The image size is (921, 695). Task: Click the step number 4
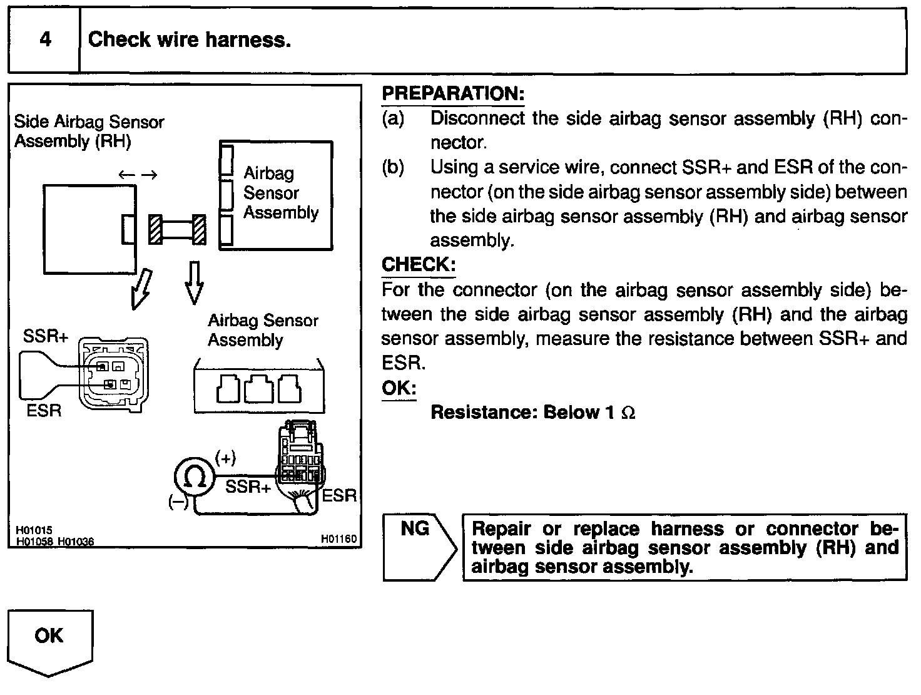[45, 40]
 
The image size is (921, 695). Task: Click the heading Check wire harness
[189, 40]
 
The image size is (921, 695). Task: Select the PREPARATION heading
[452, 94]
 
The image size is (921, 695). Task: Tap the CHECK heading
[418, 264]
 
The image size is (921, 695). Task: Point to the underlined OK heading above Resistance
[399, 388]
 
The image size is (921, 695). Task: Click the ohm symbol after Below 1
[629, 413]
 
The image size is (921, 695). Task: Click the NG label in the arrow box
[415, 529]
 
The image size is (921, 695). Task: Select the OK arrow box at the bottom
[49, 639]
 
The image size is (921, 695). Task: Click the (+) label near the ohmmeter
[225, 459]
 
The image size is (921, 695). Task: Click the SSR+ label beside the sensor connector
[46, 337]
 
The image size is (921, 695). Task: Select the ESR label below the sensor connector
[44, 411]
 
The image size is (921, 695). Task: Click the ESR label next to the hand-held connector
[338, 496]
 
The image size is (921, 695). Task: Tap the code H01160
[338, 538]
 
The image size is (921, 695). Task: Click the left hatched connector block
[155, 229]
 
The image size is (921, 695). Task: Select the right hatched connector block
[199, 229]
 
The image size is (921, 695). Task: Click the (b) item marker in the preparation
[393, 168]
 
